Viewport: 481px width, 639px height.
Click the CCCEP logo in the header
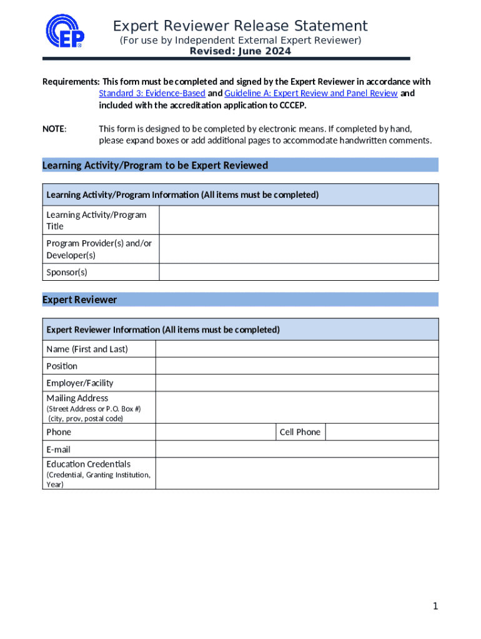tap(64, 32)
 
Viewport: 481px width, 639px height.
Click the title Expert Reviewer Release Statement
tap(240, 26)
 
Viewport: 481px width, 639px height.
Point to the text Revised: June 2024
tap(240, 51)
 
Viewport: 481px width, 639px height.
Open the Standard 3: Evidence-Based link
tap(152, 94)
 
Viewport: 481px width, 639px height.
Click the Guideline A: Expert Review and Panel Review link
tap(310, 94)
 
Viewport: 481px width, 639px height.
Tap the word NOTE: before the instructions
tap(54, 129)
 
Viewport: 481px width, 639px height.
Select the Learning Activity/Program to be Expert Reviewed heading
tap(155, 165)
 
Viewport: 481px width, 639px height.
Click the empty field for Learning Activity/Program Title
tap(299, 220)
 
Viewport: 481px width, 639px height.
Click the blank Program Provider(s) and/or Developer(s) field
tap(299, 249)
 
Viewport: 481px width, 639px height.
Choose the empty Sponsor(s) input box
tap(299, 272)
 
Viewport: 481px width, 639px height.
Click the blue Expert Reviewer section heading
tap(79, 300)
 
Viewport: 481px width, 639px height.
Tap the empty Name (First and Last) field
tap(297, 349)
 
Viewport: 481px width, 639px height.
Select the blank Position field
tap(297, 366)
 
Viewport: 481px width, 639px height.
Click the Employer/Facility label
tap(80, 383)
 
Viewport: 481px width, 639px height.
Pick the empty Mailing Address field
tap(297, 407)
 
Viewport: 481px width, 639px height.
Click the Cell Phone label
tap(300, 432)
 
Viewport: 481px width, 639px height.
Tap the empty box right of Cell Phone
tap(382, 432)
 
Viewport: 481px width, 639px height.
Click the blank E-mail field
tap(297, 449)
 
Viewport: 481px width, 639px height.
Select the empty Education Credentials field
tap(297, 474)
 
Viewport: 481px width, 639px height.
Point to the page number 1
tap(435, 606)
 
